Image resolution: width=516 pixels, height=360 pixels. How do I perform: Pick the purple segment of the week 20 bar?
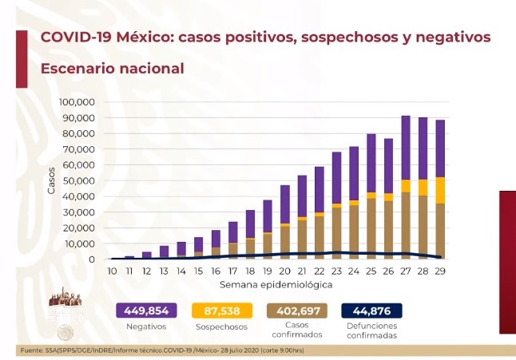[285, 204]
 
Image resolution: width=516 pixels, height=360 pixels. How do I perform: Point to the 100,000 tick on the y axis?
[77, 102]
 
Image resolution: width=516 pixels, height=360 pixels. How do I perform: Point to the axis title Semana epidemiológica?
[278, 285]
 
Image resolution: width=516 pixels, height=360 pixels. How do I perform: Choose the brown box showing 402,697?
[296, 311]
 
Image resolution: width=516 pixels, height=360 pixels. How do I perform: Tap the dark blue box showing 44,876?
[371, 311]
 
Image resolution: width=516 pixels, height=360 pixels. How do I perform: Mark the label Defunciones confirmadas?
[371, 330]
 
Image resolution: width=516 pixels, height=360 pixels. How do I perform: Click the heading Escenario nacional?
[112, 69]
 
